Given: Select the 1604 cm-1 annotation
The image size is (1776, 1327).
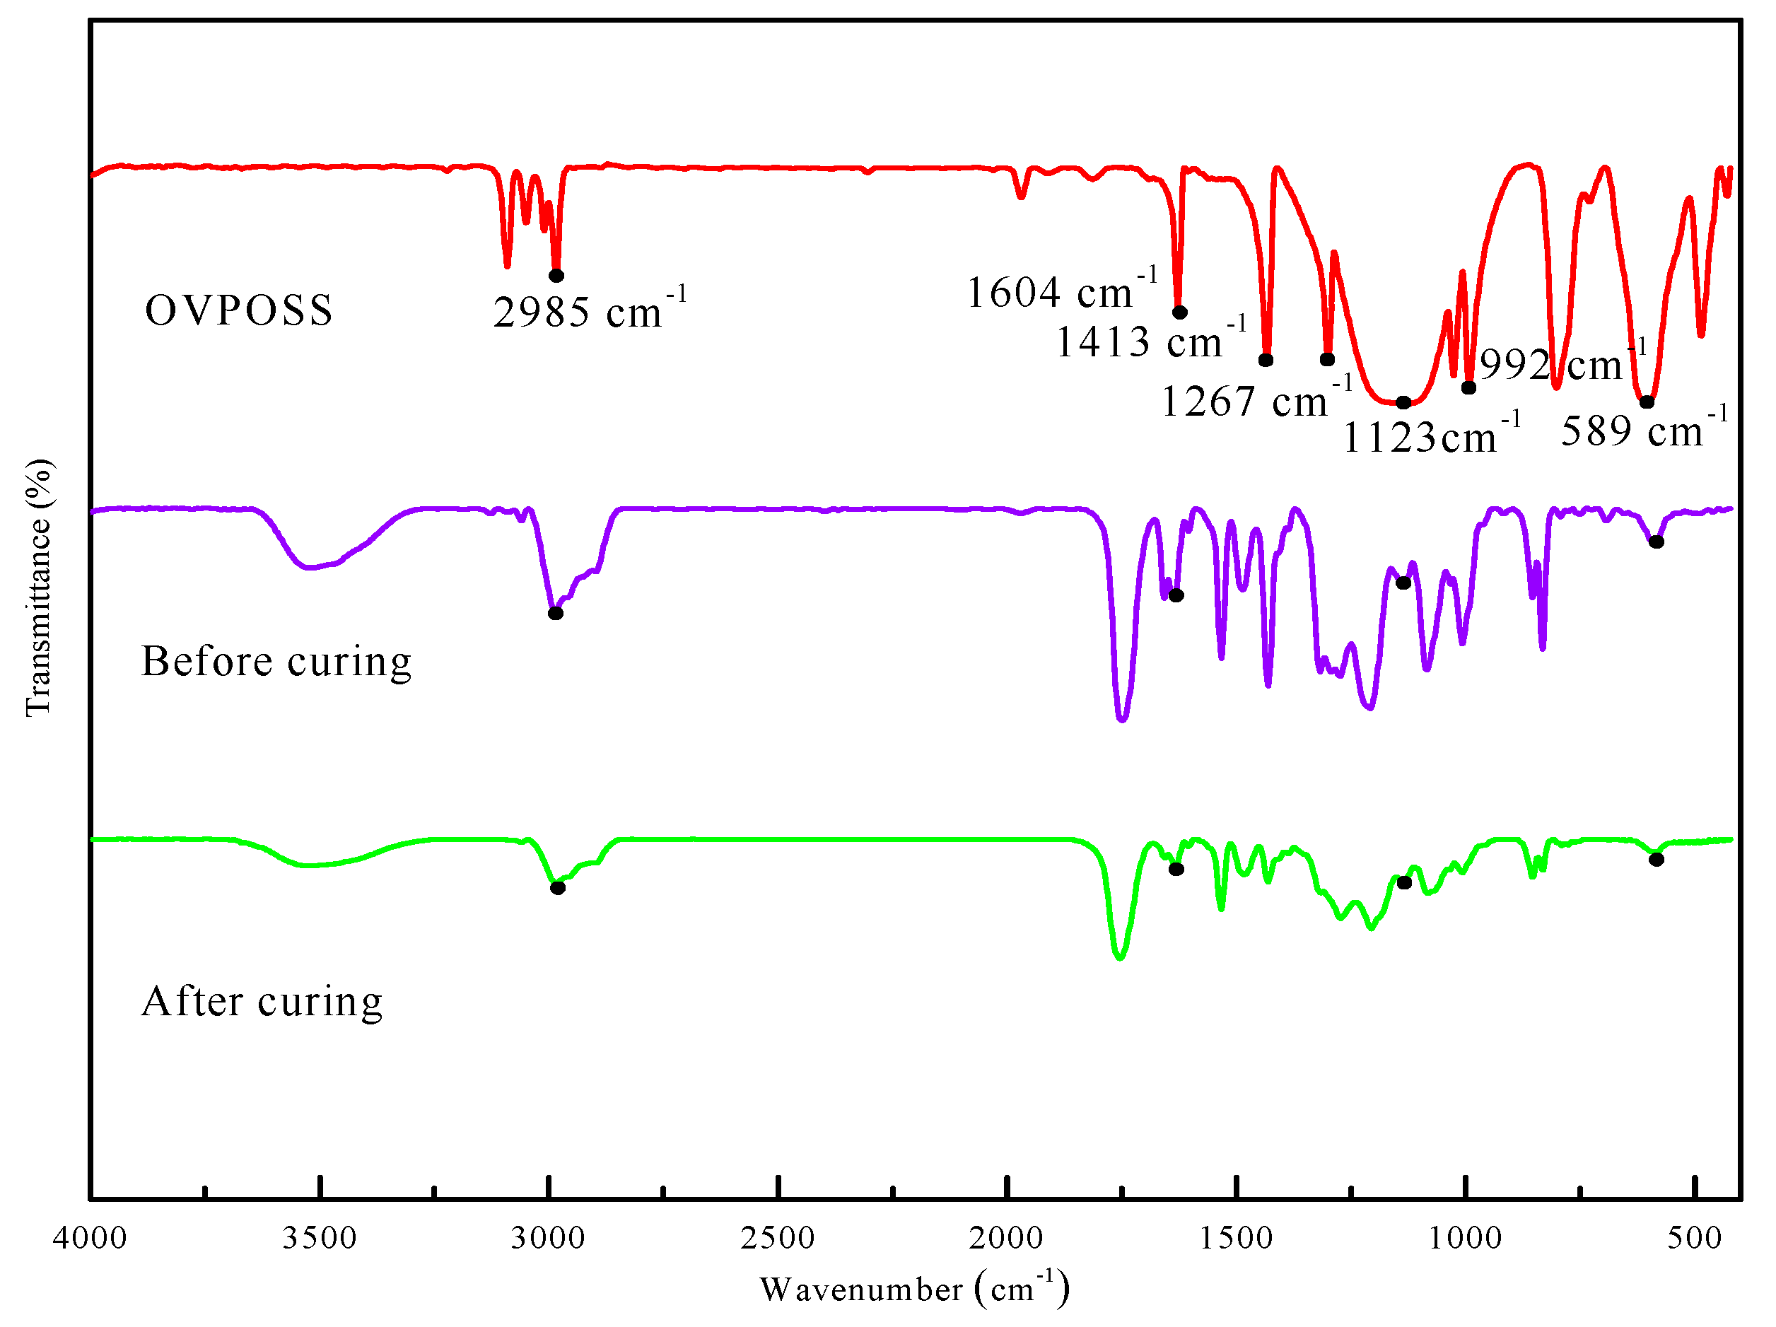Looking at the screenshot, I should click(x=1061, y=291).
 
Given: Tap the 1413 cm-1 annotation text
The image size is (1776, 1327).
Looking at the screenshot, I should click(x=1150, y=341).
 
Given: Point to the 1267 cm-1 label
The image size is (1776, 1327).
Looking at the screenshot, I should click(x=1256, y=401).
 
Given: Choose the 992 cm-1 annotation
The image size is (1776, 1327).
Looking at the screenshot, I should click(x=1562, y=365).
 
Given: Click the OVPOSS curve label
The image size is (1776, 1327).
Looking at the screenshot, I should click(x=238, y=310).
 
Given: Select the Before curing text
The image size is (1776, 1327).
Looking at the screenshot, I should click(x=276, y=662).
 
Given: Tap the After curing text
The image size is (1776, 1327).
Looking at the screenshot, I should click(x=262, y=1002).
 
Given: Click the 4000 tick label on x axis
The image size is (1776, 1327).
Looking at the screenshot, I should click(x=90, y=1238).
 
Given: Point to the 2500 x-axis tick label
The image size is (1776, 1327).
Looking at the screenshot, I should click(x=777, y=1238).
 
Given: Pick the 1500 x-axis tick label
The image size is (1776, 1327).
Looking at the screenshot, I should click(x=1236, y=1238).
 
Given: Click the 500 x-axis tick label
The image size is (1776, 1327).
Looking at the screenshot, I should click(x=1693, y=1238).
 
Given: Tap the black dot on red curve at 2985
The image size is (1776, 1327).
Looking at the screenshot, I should click(x=556, y=275).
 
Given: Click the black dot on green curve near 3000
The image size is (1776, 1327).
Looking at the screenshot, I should click(x=558, y=888).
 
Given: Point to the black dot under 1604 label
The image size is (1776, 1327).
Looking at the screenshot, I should click(x=1179, y=312).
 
